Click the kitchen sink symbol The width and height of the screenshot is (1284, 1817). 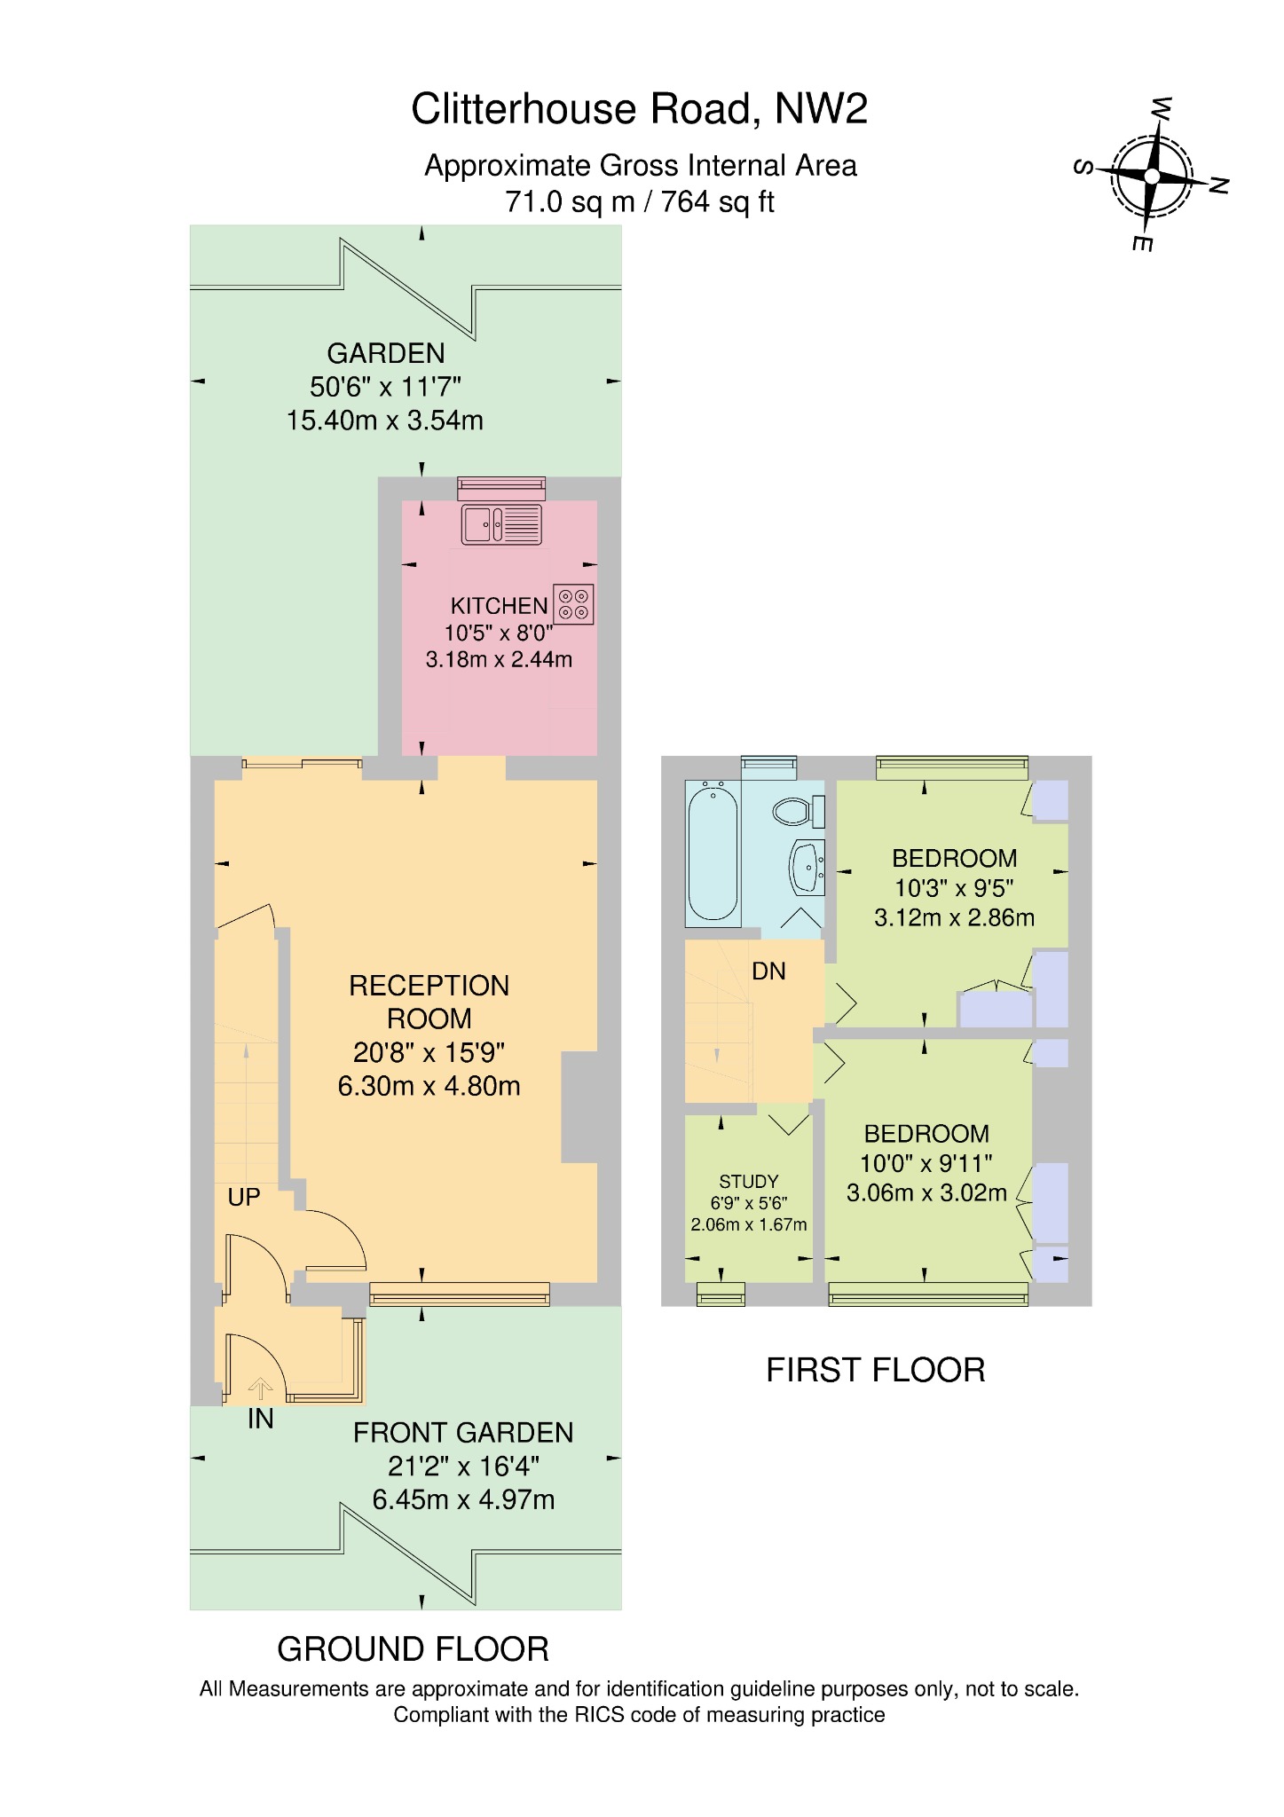(x=500, y=523)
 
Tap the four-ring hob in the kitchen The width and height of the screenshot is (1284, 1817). (x=573, y=604)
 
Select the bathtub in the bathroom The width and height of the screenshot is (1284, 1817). (x=713, y=851)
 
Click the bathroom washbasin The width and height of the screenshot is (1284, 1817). (x=807, y=865)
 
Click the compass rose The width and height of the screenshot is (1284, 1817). (x=1152, y=176)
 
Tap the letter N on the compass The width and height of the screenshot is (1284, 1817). (x=1219, y=185)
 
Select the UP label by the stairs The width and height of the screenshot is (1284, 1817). (x=244, y=1198)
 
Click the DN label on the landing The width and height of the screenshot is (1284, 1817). (x=768, y=971)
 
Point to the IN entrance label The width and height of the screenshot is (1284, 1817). (x=260, y=1420)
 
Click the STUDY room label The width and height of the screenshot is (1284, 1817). (x=749, y=1182)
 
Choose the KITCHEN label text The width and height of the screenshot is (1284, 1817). (x=499, y=606)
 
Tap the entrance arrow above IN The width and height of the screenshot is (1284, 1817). (x=260, y=1388)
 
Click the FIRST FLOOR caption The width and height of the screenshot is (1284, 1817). (x=876, y=1371)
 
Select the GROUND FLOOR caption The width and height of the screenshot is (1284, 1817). (x=414, y=1649)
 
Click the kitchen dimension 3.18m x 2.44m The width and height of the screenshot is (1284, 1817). (x=499, y=660)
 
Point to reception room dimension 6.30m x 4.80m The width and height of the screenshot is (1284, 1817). (x=429, y=1086)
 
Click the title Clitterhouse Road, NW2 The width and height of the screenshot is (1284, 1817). (x=640, y=109)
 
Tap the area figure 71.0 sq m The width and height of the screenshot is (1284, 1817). (x=570, y=203)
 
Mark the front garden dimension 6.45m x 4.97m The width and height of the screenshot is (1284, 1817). (x=463, y=1500)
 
